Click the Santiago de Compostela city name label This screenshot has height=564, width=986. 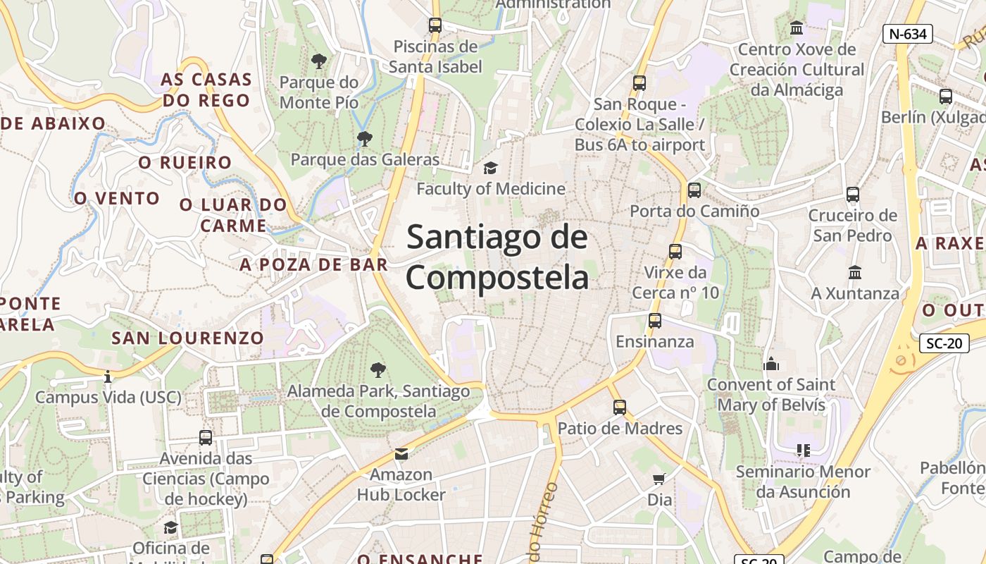point(497,257)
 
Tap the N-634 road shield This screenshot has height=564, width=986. point(908,33)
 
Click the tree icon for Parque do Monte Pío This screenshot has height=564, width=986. point(319,61)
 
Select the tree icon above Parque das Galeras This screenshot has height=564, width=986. point(364,139)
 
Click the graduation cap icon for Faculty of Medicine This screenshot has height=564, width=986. point(490,168)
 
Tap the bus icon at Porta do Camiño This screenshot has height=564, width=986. point(694,190)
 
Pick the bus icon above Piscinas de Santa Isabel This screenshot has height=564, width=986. point(435,25)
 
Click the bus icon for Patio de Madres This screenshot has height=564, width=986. point(620,407)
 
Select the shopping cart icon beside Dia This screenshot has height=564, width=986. point(659,479)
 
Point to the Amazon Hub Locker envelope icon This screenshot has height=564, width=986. point(401,453)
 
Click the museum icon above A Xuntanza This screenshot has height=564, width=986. point(855,272)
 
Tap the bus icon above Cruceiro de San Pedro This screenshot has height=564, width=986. point(853,194)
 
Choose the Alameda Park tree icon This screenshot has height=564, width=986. point(378,369)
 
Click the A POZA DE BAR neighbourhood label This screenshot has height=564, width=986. point(313,265)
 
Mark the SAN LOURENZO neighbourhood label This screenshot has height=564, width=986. point(187,338)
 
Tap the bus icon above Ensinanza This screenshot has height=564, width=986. point(655,321)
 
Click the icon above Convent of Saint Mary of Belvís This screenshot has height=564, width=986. point(771,364)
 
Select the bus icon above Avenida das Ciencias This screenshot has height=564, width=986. point(206,437)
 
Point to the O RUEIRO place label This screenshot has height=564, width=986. point(185,163)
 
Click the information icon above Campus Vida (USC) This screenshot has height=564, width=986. point(108,376)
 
